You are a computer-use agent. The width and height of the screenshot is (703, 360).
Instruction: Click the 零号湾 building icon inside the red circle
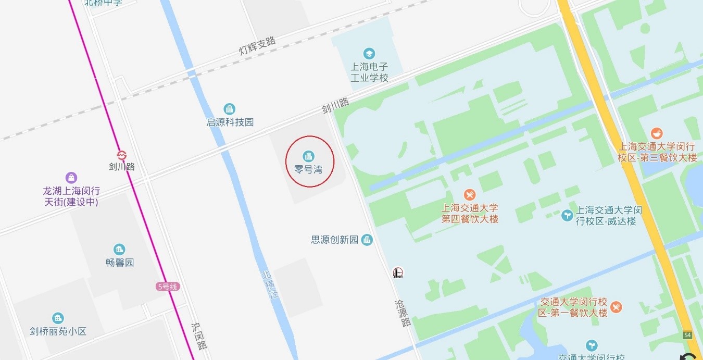point(308,155)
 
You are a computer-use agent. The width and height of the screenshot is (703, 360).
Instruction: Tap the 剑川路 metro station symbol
point(122,155)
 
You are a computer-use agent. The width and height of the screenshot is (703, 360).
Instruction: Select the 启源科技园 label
point(230,122)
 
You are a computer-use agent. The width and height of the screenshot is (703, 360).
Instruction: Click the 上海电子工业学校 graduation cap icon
point(369,53)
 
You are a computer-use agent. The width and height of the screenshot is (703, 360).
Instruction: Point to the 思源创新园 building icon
point(367,240)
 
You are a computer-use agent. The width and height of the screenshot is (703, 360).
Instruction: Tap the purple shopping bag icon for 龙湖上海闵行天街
point(71,178)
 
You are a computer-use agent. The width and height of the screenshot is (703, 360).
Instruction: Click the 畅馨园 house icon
point(119,249)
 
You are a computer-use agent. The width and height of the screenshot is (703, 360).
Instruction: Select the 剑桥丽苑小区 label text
point(58,331)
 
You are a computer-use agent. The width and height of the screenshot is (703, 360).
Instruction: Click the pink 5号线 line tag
point(167,286)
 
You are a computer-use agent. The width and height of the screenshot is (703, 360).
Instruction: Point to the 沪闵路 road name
point(198,336)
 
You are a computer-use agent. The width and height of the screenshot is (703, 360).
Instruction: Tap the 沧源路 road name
point(403,313)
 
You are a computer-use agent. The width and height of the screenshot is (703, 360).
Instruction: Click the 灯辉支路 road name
point(257,45)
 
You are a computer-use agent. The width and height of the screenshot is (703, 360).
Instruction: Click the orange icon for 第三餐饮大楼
point(657,133)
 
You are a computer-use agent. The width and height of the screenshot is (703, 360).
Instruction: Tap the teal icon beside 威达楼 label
point(567,215)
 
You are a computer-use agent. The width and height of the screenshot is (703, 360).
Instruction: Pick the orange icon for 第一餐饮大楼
point(617,306)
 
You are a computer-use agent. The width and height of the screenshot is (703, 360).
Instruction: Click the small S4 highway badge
point(687,334)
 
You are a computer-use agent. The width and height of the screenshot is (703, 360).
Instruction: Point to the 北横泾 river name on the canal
point(268,284)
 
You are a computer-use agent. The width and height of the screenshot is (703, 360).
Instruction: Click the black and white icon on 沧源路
point(398,272)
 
